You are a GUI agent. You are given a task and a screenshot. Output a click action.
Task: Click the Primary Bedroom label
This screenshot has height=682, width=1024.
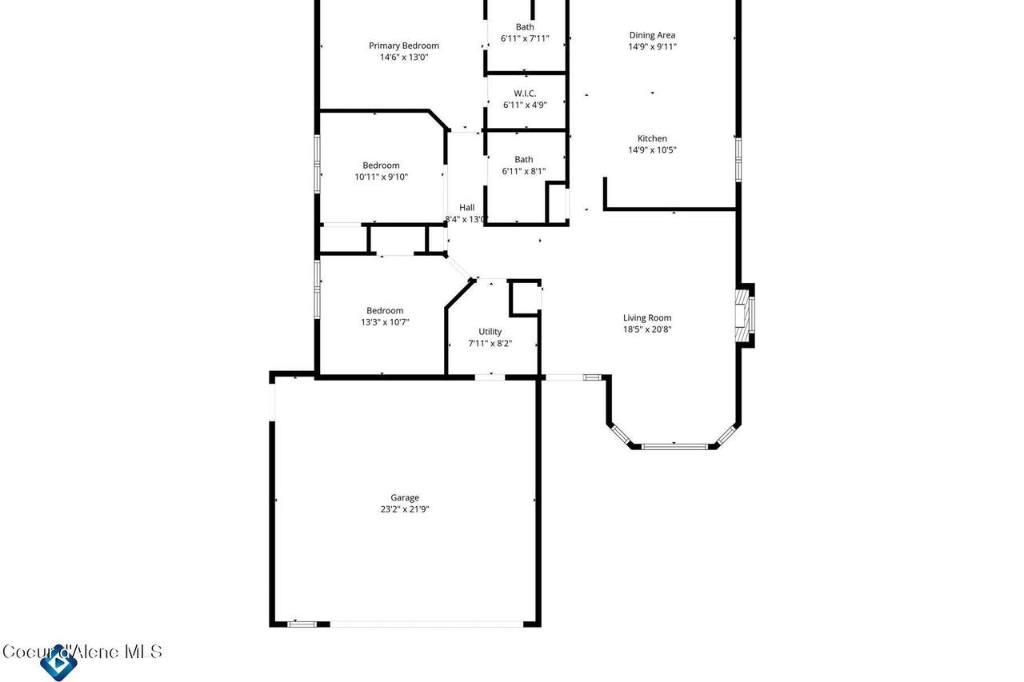coord(404,46)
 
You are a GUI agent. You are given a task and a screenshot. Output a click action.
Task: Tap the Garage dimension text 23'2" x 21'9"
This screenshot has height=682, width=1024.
coord(405,509)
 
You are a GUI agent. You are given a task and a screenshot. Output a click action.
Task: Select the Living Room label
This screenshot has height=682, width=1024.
coord(647,317)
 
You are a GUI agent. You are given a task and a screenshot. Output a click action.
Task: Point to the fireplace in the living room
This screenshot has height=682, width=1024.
coord(744,315)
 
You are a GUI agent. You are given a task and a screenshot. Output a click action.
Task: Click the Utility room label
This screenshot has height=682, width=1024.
coord(490,332)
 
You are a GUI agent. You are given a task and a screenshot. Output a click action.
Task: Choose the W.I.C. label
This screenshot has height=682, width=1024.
coord(524,94)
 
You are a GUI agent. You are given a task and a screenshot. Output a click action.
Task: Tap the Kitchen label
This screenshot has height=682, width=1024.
coord(652,138)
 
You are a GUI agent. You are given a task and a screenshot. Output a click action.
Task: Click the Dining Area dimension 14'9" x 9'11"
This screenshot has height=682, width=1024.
coord(652,46)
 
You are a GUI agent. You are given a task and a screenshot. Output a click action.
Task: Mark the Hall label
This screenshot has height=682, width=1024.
coord(466,207)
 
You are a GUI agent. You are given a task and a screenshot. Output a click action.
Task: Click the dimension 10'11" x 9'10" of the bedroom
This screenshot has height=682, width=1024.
coord(381,177)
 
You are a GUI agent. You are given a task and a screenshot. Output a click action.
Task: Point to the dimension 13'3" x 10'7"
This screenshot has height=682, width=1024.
coord(385,322)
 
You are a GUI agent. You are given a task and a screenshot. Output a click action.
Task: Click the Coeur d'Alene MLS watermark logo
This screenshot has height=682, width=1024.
coord(58,661)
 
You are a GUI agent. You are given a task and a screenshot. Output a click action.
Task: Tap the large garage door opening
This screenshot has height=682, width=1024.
coord(426,624)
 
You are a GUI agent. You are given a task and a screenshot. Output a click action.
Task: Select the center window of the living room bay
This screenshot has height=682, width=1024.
coord(674,446)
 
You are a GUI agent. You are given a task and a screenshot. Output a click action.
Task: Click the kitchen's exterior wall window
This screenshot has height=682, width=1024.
coord(738,160)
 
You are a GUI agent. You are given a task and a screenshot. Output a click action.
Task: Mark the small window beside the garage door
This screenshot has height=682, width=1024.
coord(302,624)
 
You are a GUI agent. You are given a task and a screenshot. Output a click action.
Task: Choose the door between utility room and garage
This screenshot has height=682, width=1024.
coord(490,377)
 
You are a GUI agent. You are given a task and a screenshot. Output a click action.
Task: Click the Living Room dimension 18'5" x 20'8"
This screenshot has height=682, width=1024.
coord(647,329)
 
